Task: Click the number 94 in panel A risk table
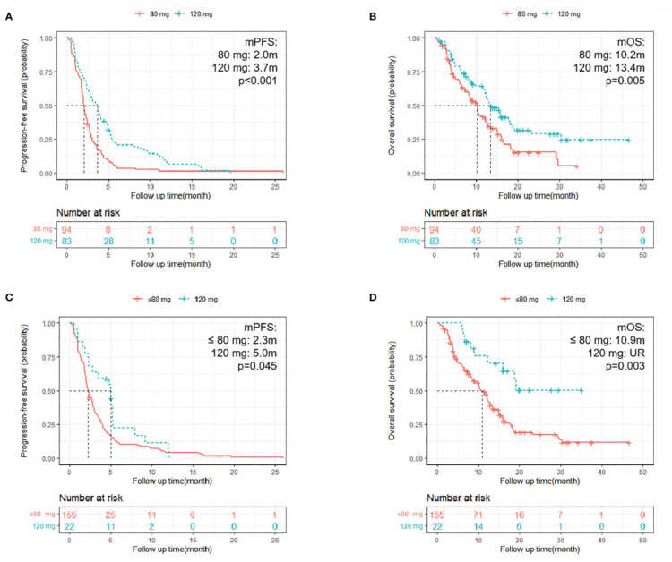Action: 68,230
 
